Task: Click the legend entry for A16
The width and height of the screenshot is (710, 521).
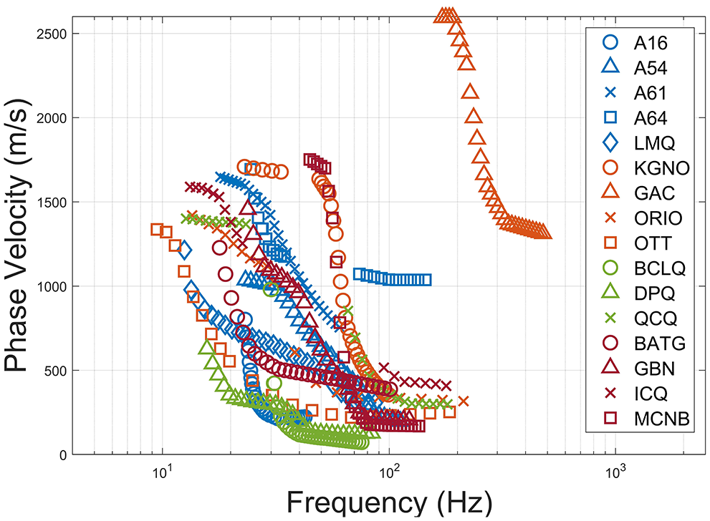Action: tap(651, 43)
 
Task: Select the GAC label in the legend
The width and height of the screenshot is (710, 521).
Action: tap(654, 193)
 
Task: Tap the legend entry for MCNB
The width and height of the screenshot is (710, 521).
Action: tap(661, 419)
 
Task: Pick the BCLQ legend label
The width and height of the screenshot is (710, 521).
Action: tap(660, 268)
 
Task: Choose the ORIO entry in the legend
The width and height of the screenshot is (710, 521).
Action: tap(658, 218)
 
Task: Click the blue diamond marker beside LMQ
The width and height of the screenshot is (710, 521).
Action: tap(610, 143)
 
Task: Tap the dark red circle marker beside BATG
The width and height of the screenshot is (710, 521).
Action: tap(610, 344)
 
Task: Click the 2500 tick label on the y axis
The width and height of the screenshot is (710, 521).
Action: tap(52, 34)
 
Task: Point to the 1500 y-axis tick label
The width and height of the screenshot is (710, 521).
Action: tap(52, 203)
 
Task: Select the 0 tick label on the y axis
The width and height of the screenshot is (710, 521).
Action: tap(63, 455)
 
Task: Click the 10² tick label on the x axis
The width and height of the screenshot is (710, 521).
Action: tap(388, 472)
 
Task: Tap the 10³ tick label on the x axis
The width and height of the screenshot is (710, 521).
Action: tap(615, 472)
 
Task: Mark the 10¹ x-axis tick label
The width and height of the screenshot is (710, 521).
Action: tap(161, 472)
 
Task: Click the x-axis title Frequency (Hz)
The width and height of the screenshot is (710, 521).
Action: tap(390, 502)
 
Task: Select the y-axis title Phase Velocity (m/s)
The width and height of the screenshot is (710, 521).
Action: tap(16, 235)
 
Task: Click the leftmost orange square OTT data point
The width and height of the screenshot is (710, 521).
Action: tap(157, 229)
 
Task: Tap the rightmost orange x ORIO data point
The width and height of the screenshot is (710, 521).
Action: tap(463, 401)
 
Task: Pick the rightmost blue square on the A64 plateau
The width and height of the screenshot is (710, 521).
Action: tap(426, 280)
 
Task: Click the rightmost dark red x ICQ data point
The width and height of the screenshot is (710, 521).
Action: tap(446, 386)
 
